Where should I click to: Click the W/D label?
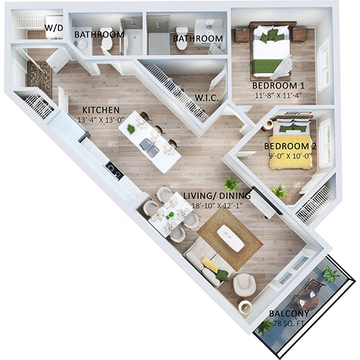(x=53, y=29)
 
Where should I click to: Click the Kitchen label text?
(x=95, y=111)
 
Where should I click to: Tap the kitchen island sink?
(x=150, y=146)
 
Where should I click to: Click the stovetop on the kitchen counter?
(x=112, y=169)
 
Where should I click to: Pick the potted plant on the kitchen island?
(x=131, y=128)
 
